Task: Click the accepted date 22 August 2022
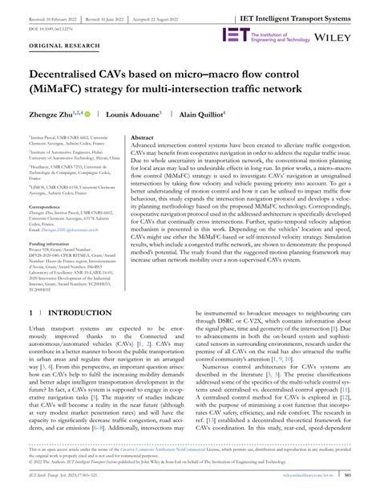tap(175, 15)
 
